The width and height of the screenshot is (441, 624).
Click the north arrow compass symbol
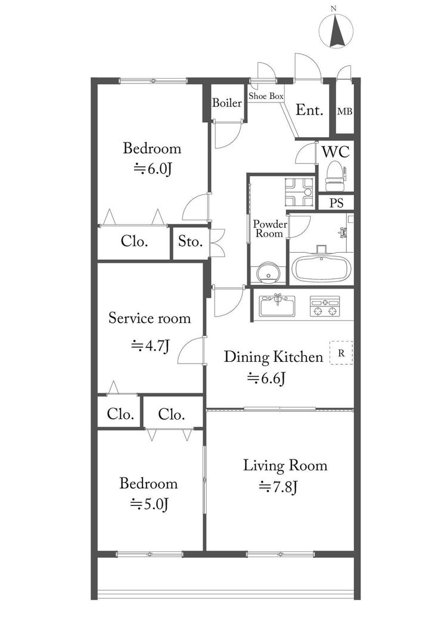[x=336, y=30]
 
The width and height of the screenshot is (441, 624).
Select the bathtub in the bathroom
[x=321, y=268]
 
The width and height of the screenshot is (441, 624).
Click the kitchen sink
[x=277, y=306]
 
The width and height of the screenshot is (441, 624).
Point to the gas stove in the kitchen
[x=325, y=306]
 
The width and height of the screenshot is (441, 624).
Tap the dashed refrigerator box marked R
[x=341, y=353]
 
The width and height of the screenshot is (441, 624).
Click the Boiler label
[x=227, y=103]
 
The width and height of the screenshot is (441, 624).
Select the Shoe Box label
[x=266, y=96]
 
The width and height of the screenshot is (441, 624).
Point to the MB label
[x=344, y=111]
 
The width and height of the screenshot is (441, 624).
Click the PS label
[x=336, y=203]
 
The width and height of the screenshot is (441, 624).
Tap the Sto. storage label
[x=190, y=241]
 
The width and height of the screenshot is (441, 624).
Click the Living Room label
[x=285, y=465]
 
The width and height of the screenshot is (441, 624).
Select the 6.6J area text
[x=266, y=378]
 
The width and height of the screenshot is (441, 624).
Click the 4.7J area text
[x=151, y=346]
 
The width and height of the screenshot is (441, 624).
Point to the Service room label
[x=150, y=318]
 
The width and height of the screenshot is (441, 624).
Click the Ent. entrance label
[x=309, y=110]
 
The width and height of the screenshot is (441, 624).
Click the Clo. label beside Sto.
[x=135, y=241]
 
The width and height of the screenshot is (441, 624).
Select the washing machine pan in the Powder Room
[x=299, y=192]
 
